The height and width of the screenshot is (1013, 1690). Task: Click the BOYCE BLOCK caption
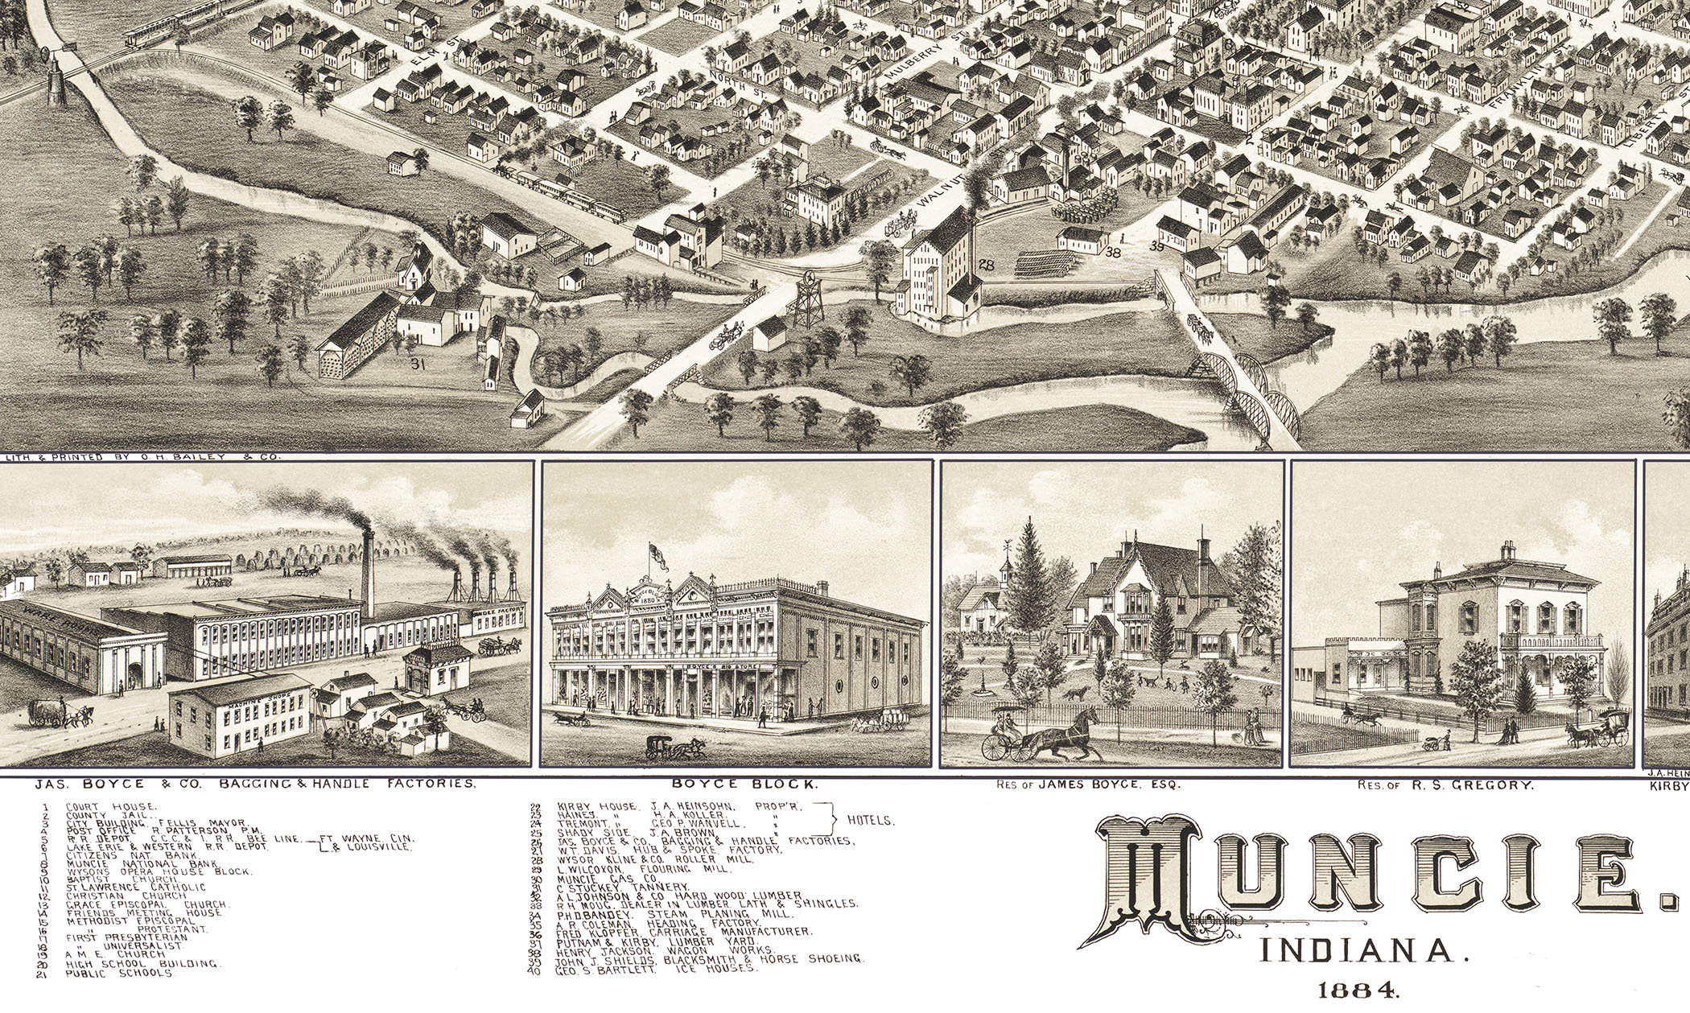pyautogui.click(x=737, y=784)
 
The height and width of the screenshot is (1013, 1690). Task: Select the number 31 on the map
pyautogui.click(x=417, y=365)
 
